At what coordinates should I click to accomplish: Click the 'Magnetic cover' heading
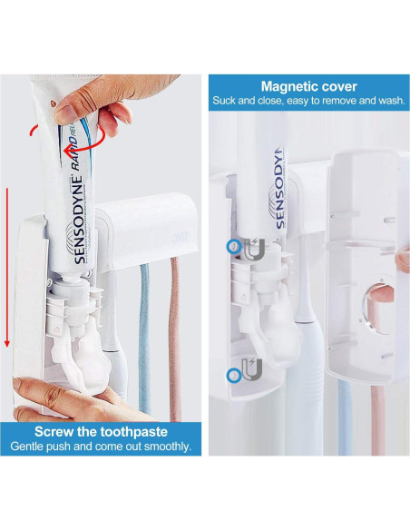308,86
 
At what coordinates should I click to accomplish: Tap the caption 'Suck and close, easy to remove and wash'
308,101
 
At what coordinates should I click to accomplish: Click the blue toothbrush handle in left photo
142,345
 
